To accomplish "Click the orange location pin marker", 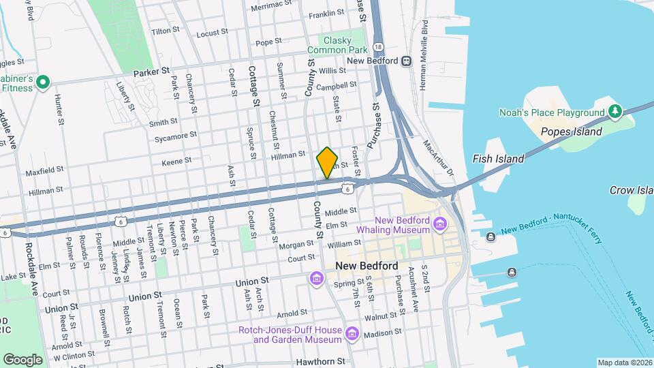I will tap(327, 163).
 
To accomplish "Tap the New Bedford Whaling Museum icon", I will tap(440, 223).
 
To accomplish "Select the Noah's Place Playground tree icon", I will tap(614, 111).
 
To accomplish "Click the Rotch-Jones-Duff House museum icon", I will tap(352, 334).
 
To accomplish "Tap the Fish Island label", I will tap(498, 159).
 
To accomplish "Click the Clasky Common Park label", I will tap(337, 45).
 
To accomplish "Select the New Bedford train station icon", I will tap(407, 61).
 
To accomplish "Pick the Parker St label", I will tap(151, 71).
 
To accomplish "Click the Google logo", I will tap(22, 359).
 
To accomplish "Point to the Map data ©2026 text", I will tap(624, 363).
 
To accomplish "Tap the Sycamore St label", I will tap(175, 136).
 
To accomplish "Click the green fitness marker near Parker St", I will tap(43, 82).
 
